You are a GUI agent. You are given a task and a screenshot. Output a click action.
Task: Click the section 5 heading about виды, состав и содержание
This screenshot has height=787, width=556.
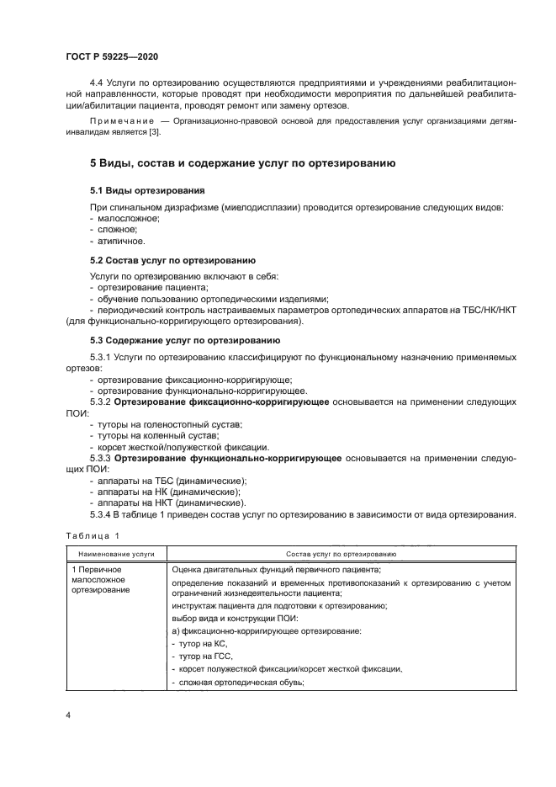point(243,162)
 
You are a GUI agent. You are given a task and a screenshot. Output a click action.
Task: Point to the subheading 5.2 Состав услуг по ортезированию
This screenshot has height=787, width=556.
point(173,261)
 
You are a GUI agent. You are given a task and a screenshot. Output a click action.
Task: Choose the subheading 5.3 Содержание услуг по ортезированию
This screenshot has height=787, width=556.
point(185,341)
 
